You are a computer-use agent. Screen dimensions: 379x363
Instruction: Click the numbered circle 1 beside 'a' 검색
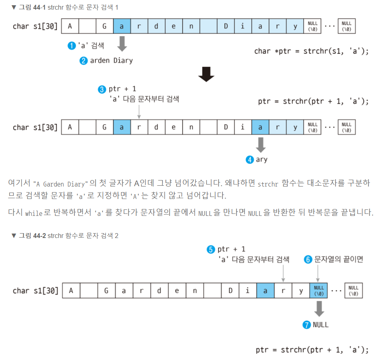72,46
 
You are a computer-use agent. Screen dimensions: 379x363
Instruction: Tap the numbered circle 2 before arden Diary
84,61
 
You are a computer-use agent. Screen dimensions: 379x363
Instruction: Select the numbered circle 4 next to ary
250,160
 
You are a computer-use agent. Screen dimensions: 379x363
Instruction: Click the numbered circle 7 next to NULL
307,325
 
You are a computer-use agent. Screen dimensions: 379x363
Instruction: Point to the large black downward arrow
206,74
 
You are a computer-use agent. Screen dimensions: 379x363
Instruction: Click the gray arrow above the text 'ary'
261,144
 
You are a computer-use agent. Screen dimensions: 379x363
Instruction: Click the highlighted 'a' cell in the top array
122,27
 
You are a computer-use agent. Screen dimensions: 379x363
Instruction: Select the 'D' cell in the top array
226,27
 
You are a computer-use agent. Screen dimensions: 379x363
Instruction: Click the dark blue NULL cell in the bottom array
319,291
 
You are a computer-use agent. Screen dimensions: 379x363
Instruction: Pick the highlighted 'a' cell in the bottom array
265,291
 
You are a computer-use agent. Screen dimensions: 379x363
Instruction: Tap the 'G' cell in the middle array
104,127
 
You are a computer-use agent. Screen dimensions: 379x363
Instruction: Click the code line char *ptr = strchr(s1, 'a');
311,51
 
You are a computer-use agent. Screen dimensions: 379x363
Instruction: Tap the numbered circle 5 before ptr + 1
211,250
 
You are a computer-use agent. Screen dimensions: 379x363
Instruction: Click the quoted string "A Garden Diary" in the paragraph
62,184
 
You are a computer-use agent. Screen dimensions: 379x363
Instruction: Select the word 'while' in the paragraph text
34,213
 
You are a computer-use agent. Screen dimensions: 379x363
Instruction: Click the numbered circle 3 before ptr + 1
102,89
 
